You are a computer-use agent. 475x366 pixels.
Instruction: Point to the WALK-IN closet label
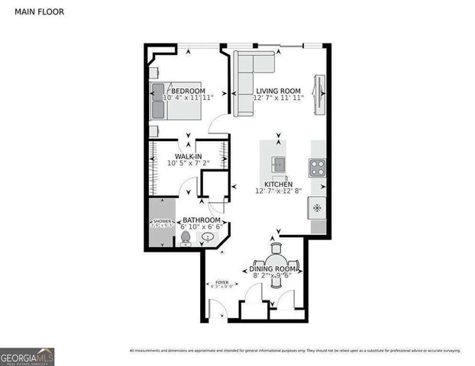189,156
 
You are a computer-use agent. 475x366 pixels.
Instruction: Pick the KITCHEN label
279,185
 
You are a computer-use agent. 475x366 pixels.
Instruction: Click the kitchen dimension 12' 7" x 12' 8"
279,192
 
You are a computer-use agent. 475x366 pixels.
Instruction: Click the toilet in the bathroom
185,239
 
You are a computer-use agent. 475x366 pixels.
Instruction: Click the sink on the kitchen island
279,162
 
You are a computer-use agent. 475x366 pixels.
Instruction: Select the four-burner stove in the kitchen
317,166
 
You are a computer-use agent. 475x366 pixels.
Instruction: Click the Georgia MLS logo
27,355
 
